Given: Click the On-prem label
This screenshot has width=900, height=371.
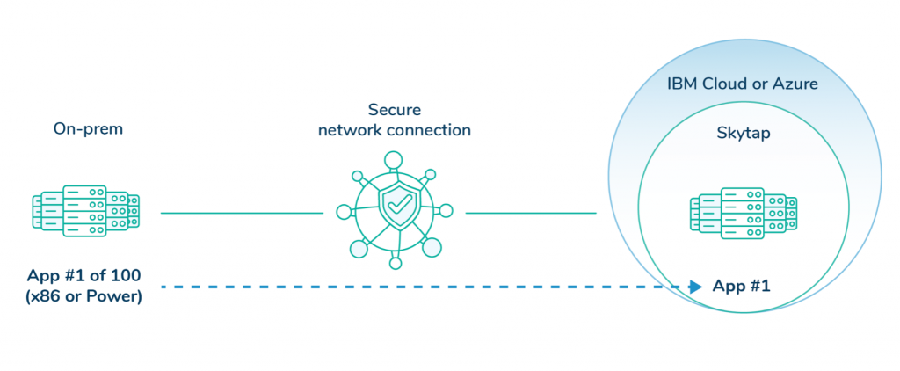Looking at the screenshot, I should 88,129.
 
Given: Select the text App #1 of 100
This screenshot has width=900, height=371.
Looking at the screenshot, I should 84,276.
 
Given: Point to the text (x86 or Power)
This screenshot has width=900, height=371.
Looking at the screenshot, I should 84,295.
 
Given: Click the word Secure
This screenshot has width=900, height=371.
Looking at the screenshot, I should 395,111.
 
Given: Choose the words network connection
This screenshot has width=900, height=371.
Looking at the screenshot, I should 395,130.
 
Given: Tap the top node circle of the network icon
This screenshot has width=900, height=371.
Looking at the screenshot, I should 395,160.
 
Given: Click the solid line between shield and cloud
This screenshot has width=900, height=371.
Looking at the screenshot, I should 531,213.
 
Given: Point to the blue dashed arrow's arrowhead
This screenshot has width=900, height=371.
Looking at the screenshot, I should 695,287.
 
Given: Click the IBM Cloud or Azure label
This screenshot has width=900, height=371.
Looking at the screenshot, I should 743,85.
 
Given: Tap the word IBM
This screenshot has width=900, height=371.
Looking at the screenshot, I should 681,85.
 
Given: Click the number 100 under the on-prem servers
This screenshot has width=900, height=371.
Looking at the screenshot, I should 125,276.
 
